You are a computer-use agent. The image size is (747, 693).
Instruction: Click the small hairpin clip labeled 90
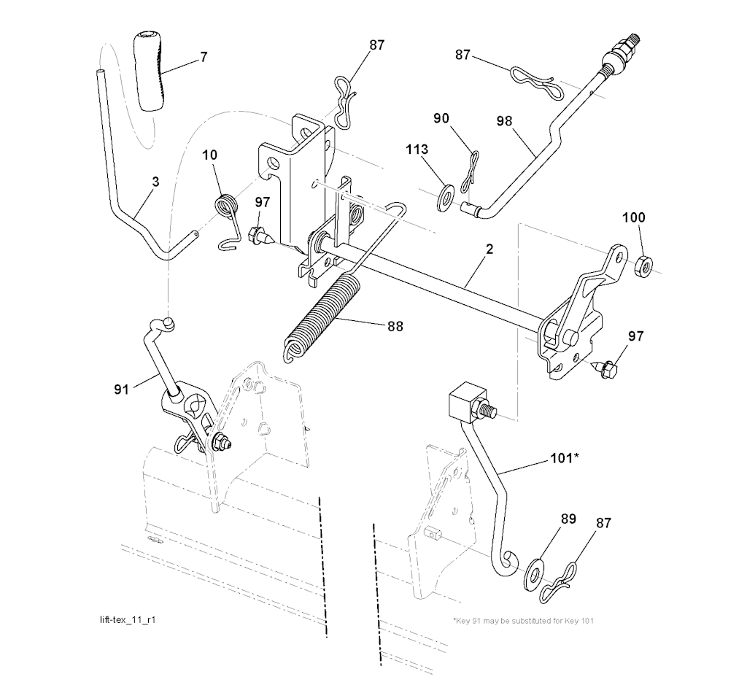[x=472, y=166]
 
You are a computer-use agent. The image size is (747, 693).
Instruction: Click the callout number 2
[x=489, y=249]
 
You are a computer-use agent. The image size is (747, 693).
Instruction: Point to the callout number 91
[x=121, y=389]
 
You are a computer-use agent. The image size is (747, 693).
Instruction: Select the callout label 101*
[x=564, y=459]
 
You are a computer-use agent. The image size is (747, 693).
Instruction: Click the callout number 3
[x=155, y=181]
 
